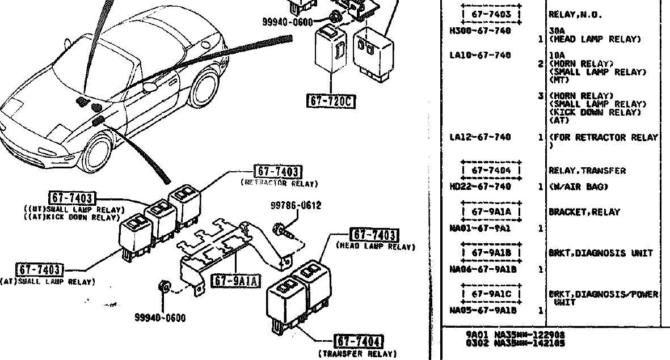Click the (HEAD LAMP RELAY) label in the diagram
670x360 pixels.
376,247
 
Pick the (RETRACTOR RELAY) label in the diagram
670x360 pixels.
279,183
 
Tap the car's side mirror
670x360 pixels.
150,86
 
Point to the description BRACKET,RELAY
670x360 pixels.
584,212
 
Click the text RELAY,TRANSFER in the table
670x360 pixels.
587,171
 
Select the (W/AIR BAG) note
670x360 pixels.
578,187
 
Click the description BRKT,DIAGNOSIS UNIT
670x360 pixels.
600,253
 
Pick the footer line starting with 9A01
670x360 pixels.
515,334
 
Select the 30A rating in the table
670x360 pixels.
555,31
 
